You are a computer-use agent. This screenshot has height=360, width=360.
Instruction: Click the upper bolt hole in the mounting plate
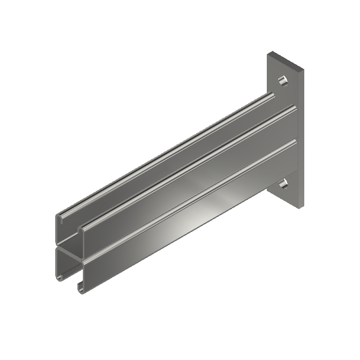coord(283,80)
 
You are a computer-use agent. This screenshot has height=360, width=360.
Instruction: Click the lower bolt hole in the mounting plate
coord(283,184)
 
